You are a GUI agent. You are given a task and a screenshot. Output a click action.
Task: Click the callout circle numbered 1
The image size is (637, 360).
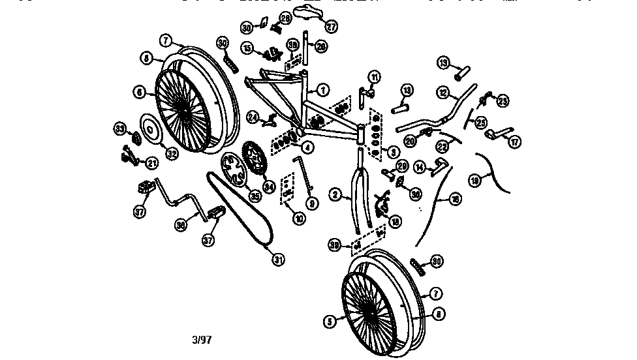pos(324,89)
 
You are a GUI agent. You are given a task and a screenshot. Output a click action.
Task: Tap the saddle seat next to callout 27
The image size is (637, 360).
pos(307,12)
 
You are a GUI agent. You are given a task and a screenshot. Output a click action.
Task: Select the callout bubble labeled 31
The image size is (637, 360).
pos(279,259)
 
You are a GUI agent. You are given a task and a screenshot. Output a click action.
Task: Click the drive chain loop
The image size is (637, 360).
pos(238,209)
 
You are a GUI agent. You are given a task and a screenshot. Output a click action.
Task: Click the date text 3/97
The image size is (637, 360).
pos(202,340)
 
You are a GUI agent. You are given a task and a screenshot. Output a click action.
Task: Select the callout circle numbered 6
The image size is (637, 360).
pos(139,93)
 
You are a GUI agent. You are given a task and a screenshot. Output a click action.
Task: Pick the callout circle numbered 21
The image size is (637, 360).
pos(151,162)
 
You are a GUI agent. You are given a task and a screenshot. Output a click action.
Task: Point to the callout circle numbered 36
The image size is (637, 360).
pos(181,226)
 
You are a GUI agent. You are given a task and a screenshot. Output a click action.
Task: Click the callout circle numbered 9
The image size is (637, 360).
pos(313,203)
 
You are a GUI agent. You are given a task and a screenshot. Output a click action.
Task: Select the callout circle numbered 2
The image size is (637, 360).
pos(337,194)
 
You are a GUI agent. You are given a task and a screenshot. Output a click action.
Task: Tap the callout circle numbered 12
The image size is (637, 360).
pos(443,93)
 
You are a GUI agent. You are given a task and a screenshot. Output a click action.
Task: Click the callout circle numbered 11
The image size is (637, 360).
pos(374,78)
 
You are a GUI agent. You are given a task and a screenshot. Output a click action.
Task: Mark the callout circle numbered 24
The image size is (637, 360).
pos(253,117)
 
